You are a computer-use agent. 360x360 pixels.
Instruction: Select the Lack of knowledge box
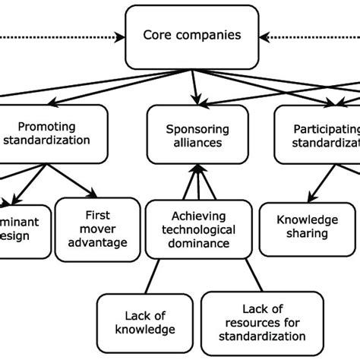click(x=144, y=321)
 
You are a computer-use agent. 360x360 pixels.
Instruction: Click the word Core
click(x=157, y=36)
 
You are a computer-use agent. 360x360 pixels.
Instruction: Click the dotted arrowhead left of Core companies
click(x=120, y=36)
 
